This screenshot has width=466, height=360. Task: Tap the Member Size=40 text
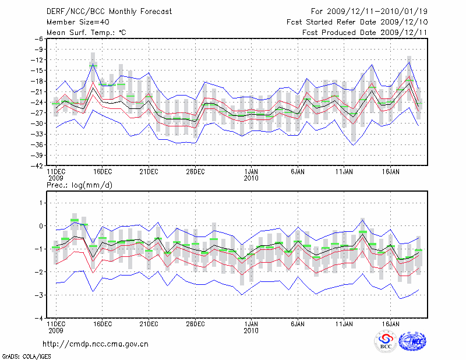pos(76,22)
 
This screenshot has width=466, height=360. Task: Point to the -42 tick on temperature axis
pos(36,166)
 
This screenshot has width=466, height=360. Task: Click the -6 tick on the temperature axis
pos(37,38)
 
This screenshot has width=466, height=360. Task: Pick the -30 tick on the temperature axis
pos(36,123)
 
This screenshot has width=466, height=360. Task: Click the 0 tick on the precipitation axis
pos(41,226)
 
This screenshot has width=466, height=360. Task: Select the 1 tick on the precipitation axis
pos(41,203)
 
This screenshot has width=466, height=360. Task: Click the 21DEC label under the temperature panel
pos(149,172)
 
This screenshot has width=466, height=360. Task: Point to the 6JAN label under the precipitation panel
pos(298,324)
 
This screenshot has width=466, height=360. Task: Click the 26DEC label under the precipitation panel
pos(196,324)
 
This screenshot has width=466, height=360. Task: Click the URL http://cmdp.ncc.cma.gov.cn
pos(96,344)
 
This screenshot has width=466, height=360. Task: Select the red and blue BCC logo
pos(385,342)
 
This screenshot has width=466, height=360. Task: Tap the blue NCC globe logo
pos(412,342)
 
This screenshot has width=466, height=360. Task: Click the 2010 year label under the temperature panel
pos(251,178)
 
